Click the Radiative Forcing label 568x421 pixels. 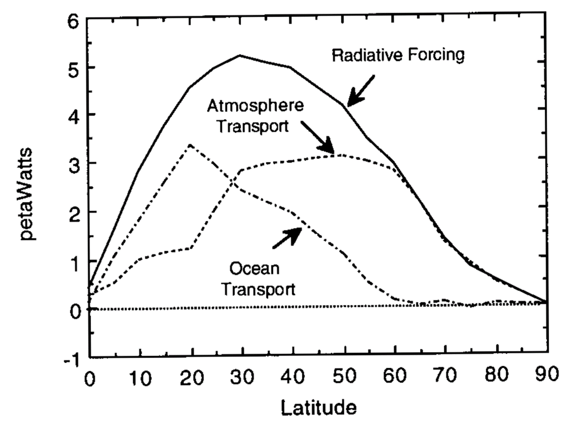click(398, 55)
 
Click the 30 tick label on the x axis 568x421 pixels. click(240, 378)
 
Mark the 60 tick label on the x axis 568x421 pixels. click(394, 378)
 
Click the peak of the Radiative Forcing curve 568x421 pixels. click(240, 55)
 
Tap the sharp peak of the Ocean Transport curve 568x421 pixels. click(190, 145)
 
